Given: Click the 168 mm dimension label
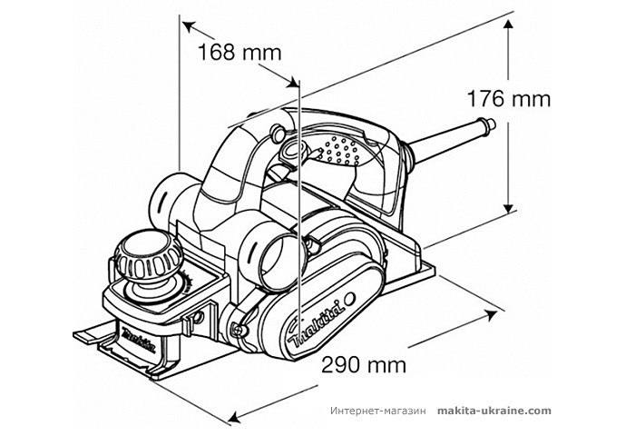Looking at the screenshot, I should pyautogui.click(x=239, y=52).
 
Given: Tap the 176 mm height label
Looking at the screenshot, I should pyautogui.click(x=508, y=98).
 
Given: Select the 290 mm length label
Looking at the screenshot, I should pyautogui.click(x=363, y=364).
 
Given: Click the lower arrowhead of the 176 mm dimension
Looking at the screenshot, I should pyautogui.click(x=506, y=213).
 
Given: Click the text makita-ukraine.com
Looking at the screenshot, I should pyautogui.click(x=493, y=411).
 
